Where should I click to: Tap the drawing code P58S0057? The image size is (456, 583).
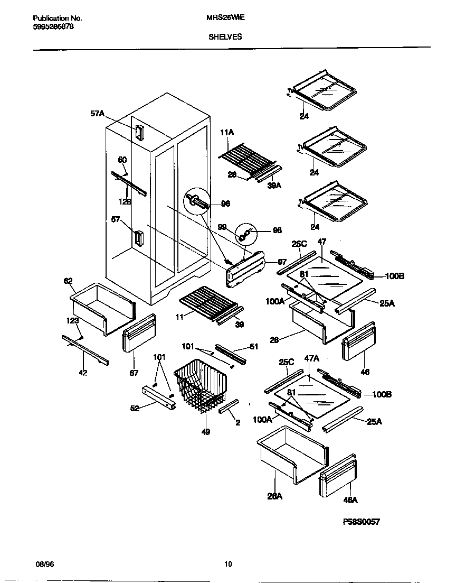click(x=362, y=522)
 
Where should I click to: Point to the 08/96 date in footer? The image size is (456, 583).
click(x=46, y=564)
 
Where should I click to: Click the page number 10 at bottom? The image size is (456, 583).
click(x=228, y=564)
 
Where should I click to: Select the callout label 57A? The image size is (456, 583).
click(x=98, y=113)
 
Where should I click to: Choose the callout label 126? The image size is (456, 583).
click(x=125, y=201)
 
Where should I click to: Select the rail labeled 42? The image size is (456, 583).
click(x=84, y=350)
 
